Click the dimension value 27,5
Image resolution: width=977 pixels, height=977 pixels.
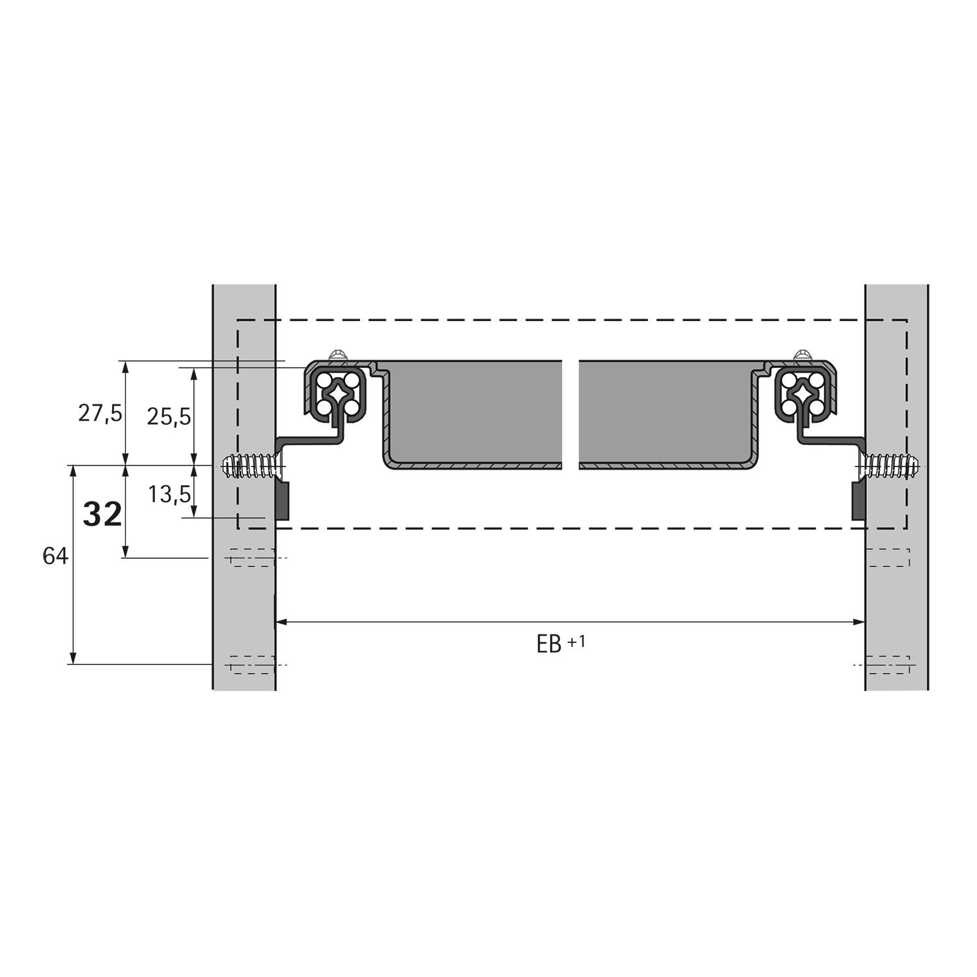pyautogui.click(x=100, y=413)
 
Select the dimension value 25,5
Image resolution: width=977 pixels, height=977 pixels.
pyautogui.click(x=169, y=416)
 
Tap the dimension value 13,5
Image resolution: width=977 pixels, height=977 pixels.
pyautogui.click(x=169, y=494)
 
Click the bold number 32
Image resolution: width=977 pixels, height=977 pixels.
pyautogui.click(x=102, y=515)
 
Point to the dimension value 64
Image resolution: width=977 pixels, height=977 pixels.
pyautogui.click(x=55, y=556)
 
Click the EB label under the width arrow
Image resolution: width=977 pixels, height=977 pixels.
pyautogui.click(x=548, y=645)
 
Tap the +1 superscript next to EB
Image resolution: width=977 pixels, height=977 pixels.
pyautogui.click(x=576, y=641)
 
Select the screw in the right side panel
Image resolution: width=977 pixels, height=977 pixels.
pyautogui.click(x=889, y=466)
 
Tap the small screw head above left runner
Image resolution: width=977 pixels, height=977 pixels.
pyautogui.click(x=338, y=355)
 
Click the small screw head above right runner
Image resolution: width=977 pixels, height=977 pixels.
pyautogui.click(x=803, y=355)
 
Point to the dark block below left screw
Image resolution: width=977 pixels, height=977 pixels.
pyautogui.click(x=283, y=500)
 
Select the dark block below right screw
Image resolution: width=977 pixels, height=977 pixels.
pyautogui.click(x=858, y=500)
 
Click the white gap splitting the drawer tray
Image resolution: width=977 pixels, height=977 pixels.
pyautogui.click(x=570, y=414)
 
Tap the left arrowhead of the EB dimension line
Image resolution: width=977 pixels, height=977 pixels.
pyautogui.click(x=281, y=623)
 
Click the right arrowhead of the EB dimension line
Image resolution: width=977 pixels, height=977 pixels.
pyautogui.click(x=860, y=623)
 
